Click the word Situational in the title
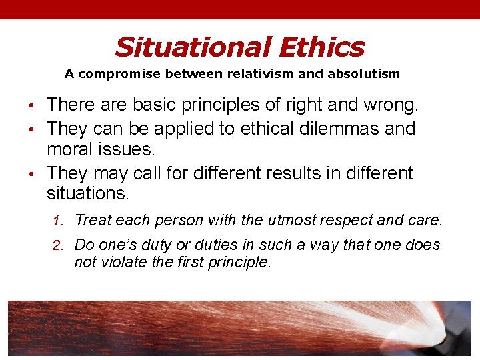[192, 47]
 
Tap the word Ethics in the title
[321, 47]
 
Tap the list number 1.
[58, 220]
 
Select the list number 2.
[58, 245]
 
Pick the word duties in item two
[177, 245]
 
